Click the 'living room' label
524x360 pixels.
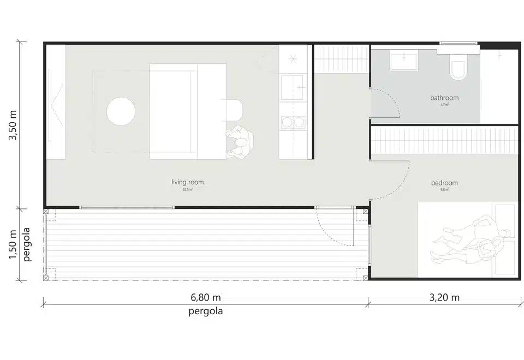pos(187,182)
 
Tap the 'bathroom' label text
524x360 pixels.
pos(444,98)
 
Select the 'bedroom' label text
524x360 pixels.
pos(444,183)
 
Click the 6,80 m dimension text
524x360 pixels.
pos(205,298)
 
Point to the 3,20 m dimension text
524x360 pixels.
pos(444,298)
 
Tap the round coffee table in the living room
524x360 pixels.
pos(121,111)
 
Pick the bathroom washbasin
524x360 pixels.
pos(404,61)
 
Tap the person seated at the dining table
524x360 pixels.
pos(240,143)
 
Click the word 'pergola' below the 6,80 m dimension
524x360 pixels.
pos(205,312)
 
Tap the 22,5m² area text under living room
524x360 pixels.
pos(187,190)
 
